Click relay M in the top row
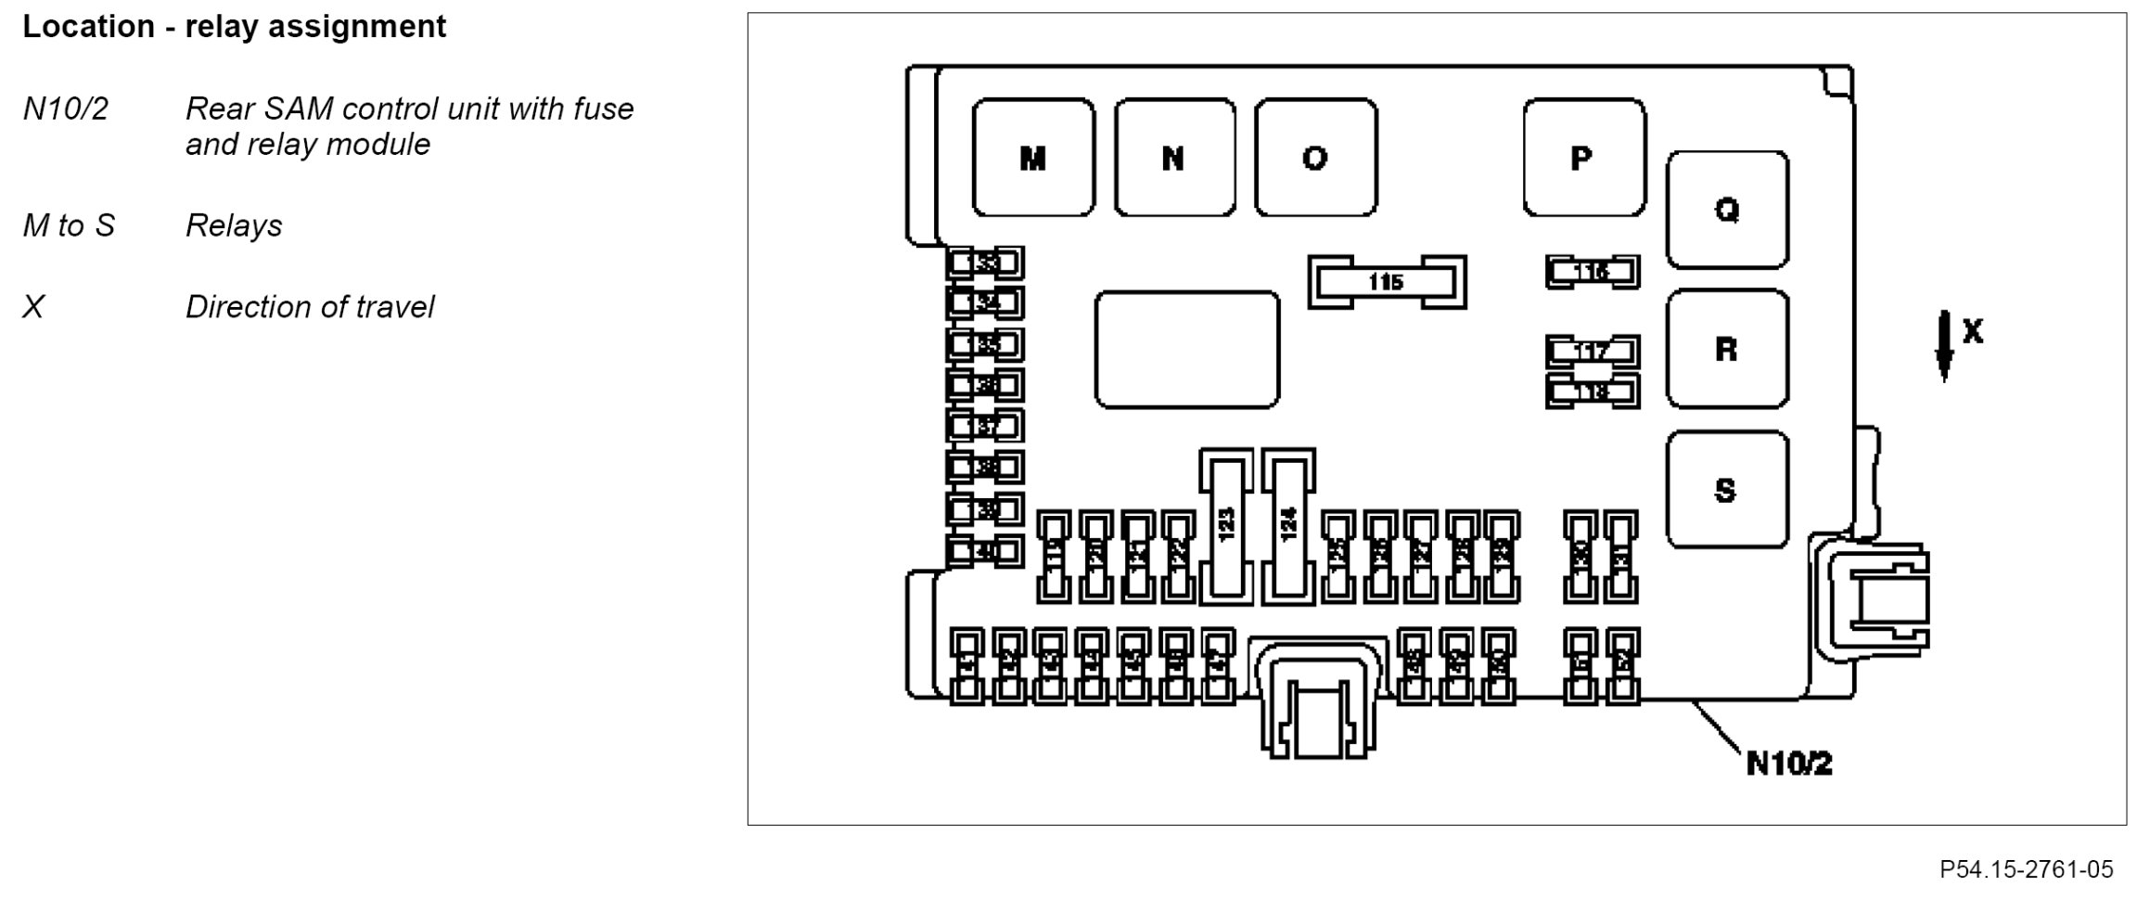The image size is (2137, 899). tap(1033, 158)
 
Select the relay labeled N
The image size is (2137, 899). tap(1174, 158)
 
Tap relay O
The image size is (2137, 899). tap(1315, 158)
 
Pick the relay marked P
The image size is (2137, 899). tap(1583, 158)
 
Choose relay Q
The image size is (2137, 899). tap(1727, 210)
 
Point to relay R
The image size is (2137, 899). tap(1727, 349)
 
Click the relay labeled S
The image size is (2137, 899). tap(1727, 489)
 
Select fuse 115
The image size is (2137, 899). tap(1387, 281)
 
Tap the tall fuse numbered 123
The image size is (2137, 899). tap(1226, 526)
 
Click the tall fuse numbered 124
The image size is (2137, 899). tap(1288, 526)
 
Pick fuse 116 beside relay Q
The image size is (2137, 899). tap(1592, 272)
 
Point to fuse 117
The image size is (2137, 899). tap(1592, 352)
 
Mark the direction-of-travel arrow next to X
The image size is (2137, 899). tap(1944, 345)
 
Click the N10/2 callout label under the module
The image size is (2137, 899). tap(1789, 764)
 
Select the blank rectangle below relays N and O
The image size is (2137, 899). tap(1186, 350)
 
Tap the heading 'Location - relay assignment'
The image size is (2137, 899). tap(234, 27)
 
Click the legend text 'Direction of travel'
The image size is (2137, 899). tap(309, 307)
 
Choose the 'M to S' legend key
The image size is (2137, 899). tap(69, 225)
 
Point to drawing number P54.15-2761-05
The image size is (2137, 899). tap(2026, 869)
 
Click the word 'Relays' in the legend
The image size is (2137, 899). tap(234, 225)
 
